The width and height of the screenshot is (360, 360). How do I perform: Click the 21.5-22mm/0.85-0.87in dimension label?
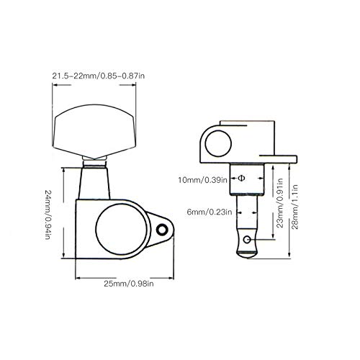click(99, 76)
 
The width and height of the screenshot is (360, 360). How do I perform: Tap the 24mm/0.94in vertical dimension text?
click(48, 215)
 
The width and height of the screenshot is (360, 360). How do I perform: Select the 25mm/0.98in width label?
click(129, 284)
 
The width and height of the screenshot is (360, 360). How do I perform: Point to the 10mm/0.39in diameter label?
click(202, 180)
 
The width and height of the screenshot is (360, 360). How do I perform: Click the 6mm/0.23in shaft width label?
click(210, 212)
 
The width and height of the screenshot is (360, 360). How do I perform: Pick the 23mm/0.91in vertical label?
click(280, 203)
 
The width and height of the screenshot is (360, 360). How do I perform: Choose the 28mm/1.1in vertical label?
click(294, 207)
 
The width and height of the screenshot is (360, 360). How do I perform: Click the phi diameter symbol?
click(241, 179)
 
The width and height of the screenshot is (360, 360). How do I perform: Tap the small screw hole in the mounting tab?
click(162, 230)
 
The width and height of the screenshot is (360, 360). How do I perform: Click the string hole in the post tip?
click(247, 240)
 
